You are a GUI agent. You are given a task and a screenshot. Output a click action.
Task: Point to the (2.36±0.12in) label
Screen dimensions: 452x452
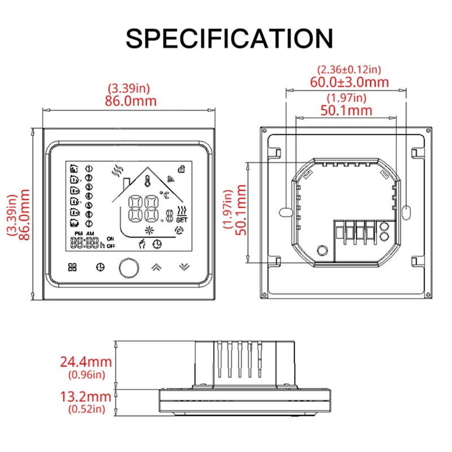pyautogui.click(x=349, y=69)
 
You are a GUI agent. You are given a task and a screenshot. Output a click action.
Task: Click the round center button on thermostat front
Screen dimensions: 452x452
pyautogui.click(x=127, y=267)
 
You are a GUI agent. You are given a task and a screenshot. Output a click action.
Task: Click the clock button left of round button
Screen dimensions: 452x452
pyautogui.click(x=100, y=267)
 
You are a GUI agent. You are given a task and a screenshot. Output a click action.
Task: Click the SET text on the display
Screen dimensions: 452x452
pyautogui.click(x=181, y=219)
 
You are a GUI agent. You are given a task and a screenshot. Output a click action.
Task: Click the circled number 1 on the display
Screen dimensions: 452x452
pyautogui.click(x=88, y=168)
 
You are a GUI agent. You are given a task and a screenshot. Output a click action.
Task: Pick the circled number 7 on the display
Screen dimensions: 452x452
pyautogui.click(x=88, y=223)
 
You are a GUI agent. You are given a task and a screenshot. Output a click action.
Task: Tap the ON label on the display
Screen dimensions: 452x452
pyautogui.click(x=110, y=238)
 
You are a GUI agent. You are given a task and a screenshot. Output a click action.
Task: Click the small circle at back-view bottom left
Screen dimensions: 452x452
pyautogui.click(x=323, y=249)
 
